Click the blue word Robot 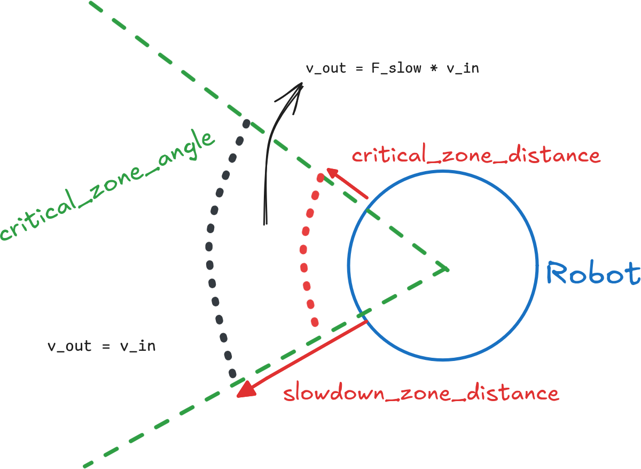tap(593, 274)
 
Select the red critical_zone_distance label tap(476, 156)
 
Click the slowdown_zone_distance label tap(421, 394)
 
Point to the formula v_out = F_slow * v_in tap(392, 68)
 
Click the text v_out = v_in tap(101, 346)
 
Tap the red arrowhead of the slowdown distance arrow tap(245, 389)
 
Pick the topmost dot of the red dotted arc tap(320, 177)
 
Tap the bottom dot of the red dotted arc tap(315, 322)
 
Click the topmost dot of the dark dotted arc tap(246, 124)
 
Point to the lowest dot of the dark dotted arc tap(233, 373)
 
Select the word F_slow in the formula tap(396, 68)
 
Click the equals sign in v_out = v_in tap(106, 347)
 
